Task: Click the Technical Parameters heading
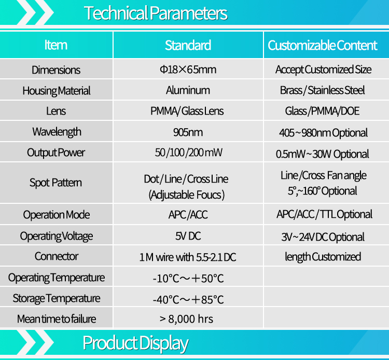tap(156, 13)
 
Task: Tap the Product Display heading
tap(135, 343)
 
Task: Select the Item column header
tap(56, 45)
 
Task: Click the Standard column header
tap(188, 46)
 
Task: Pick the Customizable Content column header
tap(322, 46)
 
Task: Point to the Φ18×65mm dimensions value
tap(188, 70)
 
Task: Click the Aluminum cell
tap(188, 90)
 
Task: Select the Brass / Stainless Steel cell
tap(322, 90)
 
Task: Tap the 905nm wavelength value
tap(188, 132)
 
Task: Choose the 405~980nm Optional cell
tap(323, 133)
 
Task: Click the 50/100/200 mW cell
tap(189, 153)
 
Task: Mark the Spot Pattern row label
tap(55, 183)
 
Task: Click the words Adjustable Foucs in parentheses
tap(187, 195)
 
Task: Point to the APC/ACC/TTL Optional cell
tap(324, 214)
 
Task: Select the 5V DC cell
tap(188, 236)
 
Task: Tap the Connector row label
tap(57, 256)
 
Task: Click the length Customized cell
tap(323, 257)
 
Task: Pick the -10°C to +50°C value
tap(188, 279)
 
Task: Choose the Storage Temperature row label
tap(57, 298)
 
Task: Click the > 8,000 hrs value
tap(186, 319)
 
